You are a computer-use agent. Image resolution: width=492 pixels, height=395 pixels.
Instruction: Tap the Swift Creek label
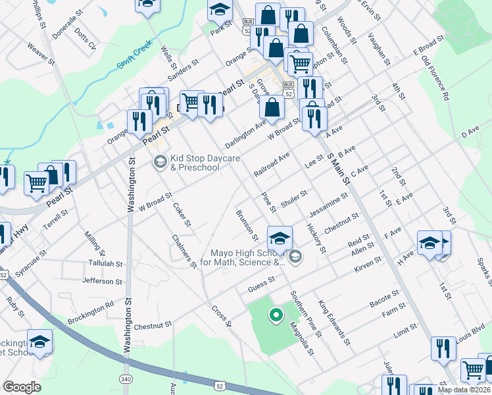tap(135, 57)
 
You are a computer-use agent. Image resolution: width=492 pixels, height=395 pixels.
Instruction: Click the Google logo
tap(22, 387)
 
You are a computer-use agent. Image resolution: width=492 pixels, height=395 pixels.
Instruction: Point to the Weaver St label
tap(41, 53)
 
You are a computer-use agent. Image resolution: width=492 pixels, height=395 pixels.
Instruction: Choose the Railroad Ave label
tap(271, 165)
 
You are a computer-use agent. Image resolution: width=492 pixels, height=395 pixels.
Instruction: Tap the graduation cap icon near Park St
tap(220, 9)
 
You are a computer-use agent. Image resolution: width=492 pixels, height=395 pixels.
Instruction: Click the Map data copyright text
tap(464, 390)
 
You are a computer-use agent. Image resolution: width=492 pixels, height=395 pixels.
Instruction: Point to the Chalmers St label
tap(184, 251)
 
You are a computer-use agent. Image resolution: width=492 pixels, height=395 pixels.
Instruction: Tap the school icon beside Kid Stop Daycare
tap(160, 161)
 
